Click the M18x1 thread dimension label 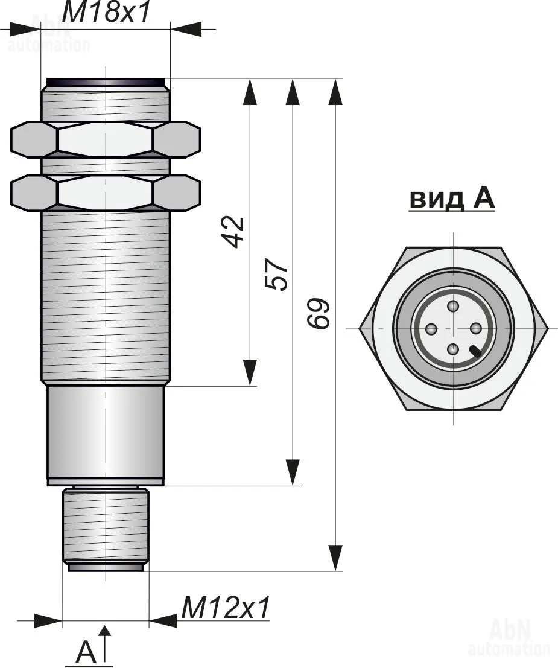(x=106, y=12)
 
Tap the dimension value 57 (x=277, y=275)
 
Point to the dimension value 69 (x=320, y=313)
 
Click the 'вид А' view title (x=452, y=199)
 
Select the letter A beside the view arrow (x=86, y=652)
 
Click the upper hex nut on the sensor (x=106, y=140)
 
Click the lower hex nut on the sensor (x=106, y=192)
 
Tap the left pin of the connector (x=431, y=329)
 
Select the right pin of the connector (x=475, y=328)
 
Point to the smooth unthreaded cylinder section (x=106, y=434)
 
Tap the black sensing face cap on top (x=106, y=82)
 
